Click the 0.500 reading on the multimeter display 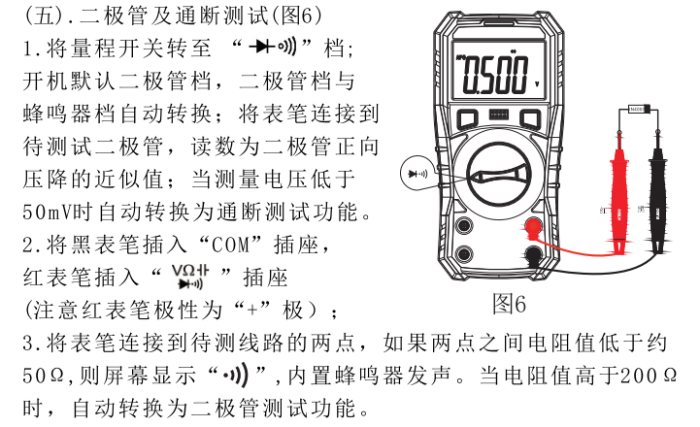(x=495, y=75)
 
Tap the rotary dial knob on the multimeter (x=499, y=175)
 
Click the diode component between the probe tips (x=639, y=109)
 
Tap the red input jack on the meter (x=533, y=226)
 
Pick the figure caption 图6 (x=509, y=305)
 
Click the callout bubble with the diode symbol (x=417, y=174)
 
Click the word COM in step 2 (x=230, y=245)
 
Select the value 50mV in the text (x=48, y=213)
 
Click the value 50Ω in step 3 (x=44, y=376)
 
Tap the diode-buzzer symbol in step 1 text (x=273, y=46)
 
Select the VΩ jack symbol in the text (x=190, y=277)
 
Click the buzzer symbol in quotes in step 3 (x=236, y=376)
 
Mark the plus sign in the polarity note (x=252, y=310)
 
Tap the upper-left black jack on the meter (x=464, y=225)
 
